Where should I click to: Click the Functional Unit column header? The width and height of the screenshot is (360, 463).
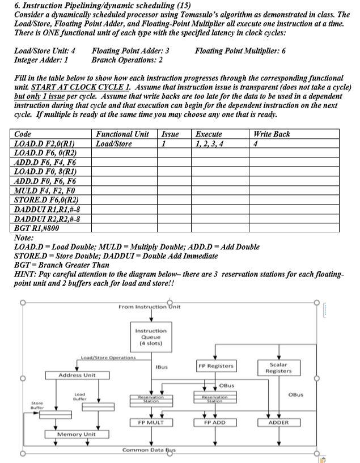coord(122,134)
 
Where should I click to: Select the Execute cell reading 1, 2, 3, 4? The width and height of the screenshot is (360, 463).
coord(209,144)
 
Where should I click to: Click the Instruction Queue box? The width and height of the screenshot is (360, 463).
coord(151,337)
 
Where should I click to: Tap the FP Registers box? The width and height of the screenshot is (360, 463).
coord(216,366)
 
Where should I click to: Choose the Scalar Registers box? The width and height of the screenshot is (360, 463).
coord(278,367)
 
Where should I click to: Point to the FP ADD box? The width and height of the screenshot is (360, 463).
coord(216,422)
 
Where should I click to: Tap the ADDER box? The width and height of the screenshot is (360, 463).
coord(278,422)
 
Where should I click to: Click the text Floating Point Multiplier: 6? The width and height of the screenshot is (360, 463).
coord(240,51)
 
